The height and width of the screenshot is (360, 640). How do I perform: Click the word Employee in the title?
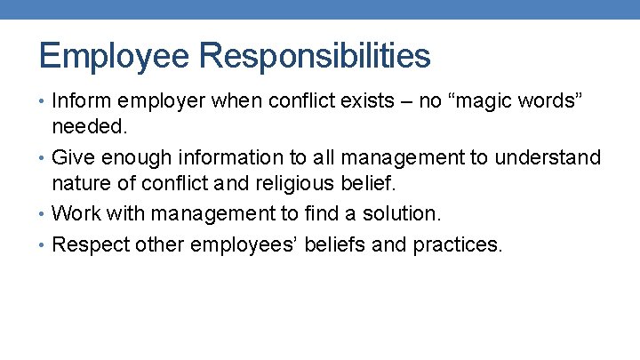(x=115, y=56)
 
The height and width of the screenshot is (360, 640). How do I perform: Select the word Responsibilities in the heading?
(x=315, y=56)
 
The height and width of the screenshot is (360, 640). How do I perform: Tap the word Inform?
(x=83, y=101)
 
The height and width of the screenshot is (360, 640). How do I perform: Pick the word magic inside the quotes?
(x=479, y=101)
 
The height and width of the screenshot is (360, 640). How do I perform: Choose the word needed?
(x=90, y=127)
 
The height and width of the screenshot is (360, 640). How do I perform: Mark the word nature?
(x=84, y=184)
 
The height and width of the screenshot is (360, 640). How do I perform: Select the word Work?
(x=76, y=214)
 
